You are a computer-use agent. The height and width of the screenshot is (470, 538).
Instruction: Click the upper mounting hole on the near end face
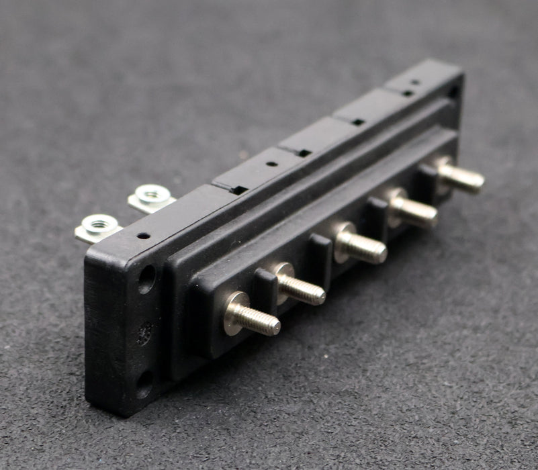[146, 279]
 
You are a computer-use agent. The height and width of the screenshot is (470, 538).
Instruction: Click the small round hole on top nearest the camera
[143, 236]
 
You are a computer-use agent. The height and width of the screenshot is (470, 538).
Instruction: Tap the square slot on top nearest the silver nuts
[238, 189]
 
